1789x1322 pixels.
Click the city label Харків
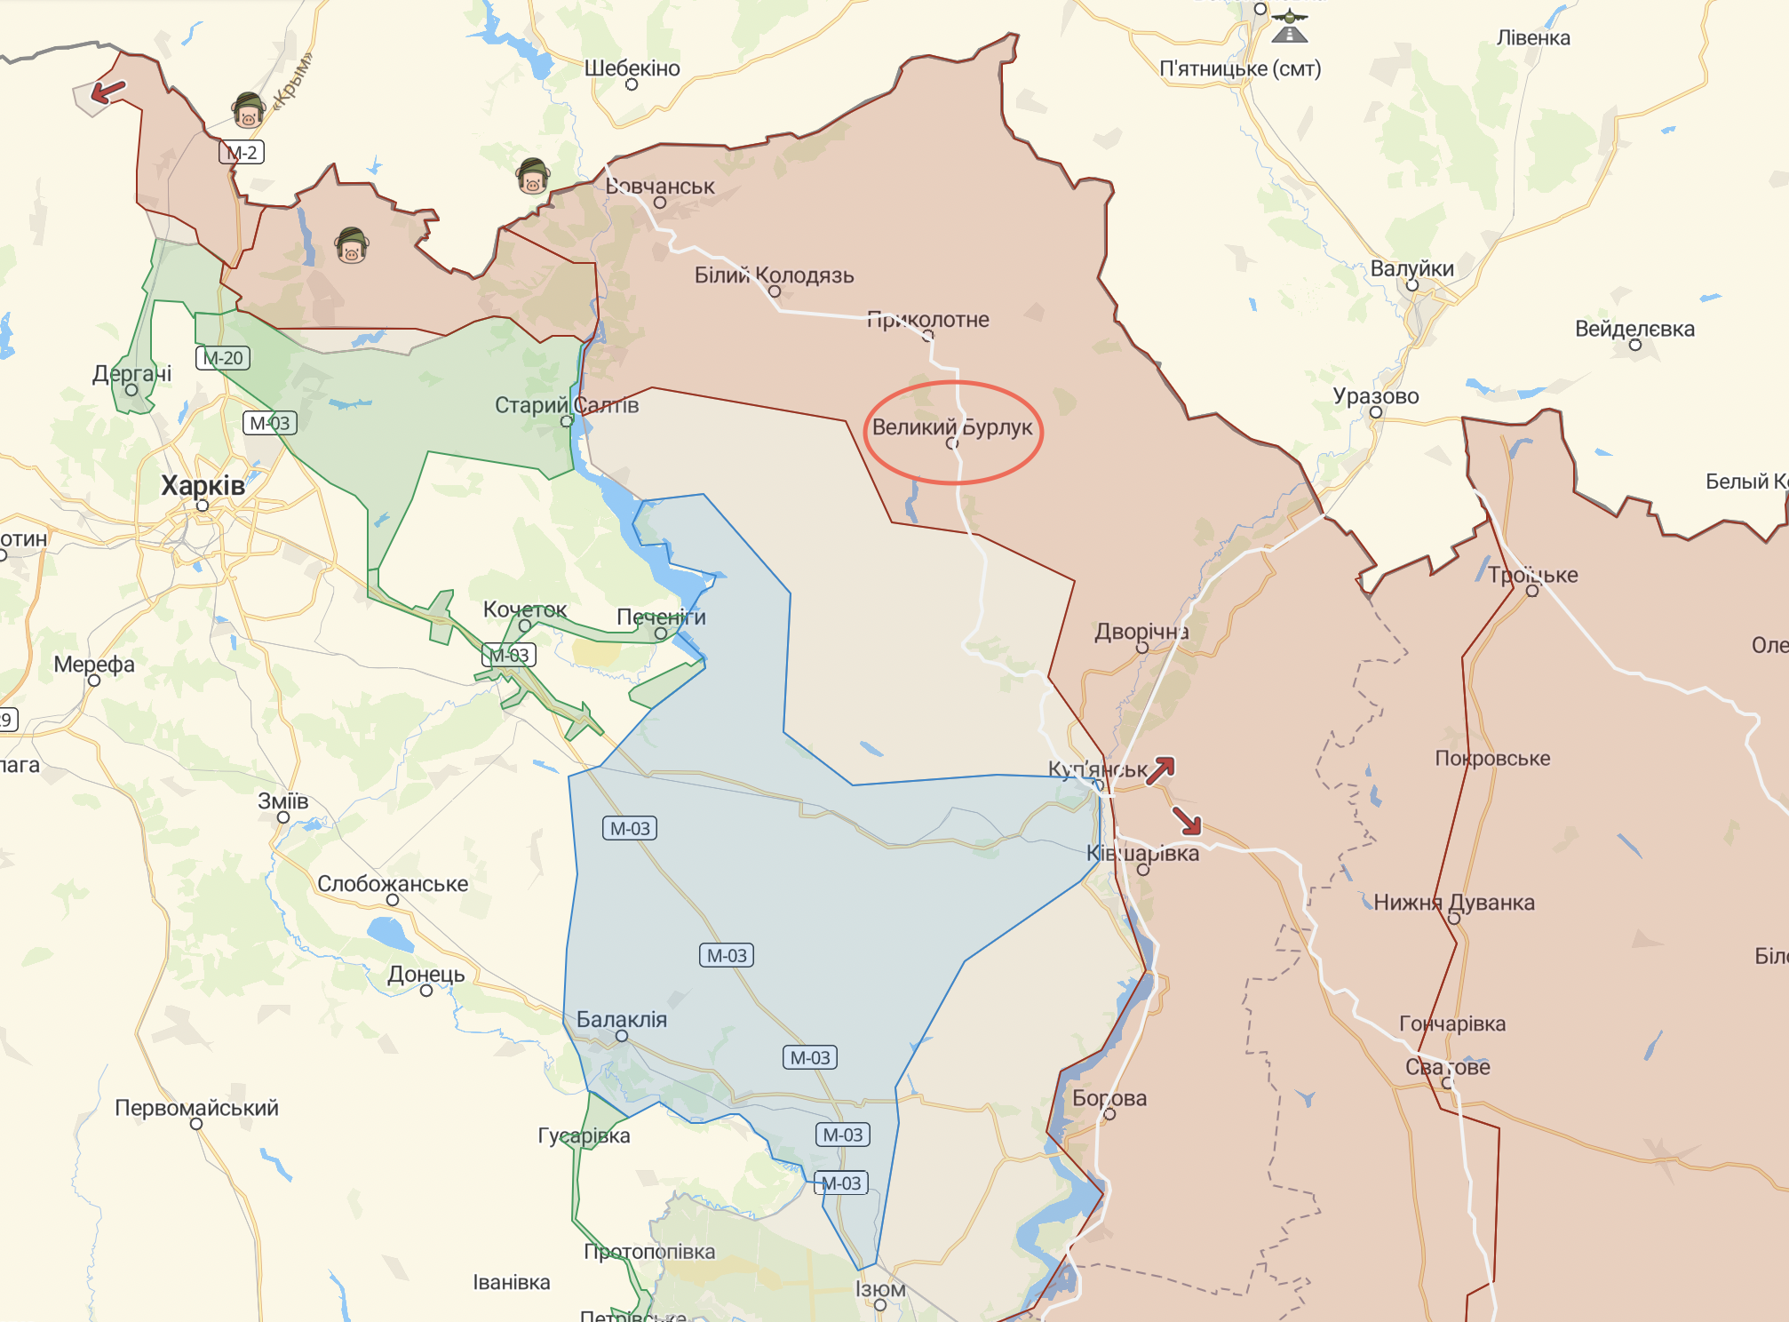[x=203, y=486]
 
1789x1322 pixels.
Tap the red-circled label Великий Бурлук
[x=952, y=427]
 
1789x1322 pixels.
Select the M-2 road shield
[x=242, y=153]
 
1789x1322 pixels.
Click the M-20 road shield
[x=222, y=358]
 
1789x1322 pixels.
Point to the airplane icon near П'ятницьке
[x=1289, y=25]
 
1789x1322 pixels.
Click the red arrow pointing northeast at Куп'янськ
[x=1160, y=770]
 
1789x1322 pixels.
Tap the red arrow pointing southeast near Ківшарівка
[x=1187, y=820]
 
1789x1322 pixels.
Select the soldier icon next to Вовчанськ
[x=532, y=176]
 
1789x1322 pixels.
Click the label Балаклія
[x=622, y=1019]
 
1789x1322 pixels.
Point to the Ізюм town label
[x=880, y=1289]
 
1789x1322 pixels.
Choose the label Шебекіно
[x=632, y=68]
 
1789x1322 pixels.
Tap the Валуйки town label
[x=1411, y=268]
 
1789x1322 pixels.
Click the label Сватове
[x=1447, y=1067]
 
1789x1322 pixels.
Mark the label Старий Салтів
[x=566, y=405]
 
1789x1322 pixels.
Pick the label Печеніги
[x=661, y=617]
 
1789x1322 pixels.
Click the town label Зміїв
[x=282, y=801]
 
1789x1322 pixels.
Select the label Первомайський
[x=196, y=1108]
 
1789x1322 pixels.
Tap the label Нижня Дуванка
[x=1453, y=903]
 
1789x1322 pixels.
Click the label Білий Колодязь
[x=774, y=275]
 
